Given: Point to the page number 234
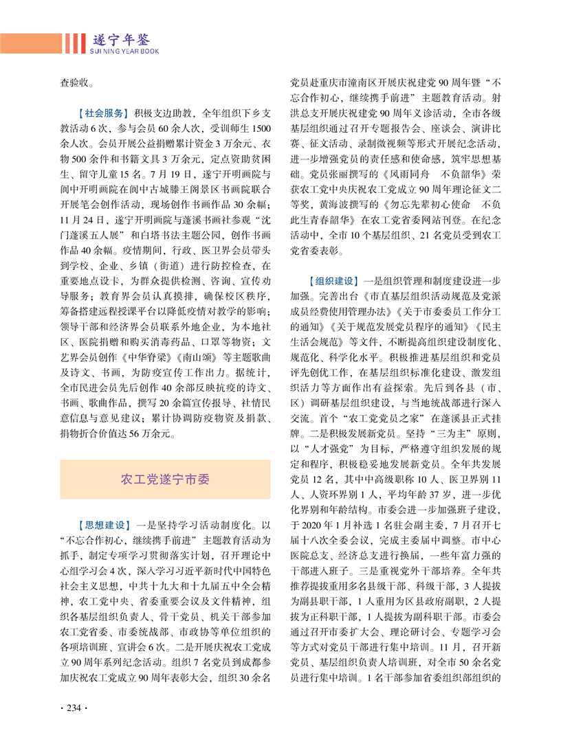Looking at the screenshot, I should tap(74, 709).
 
